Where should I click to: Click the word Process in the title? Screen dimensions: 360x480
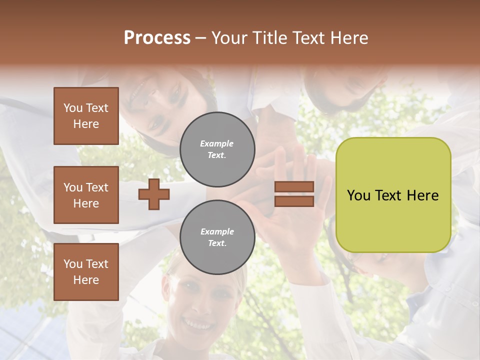pyautogui.click(x=157, y=38)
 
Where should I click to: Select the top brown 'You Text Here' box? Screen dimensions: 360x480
pyautogui.click(x=86, y=116)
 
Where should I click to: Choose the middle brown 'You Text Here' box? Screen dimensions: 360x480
pyautogui.click(x=86, y=195)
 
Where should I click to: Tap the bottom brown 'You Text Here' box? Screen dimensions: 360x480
pyautogui.click(x=86, y=272)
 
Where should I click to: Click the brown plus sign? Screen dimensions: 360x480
pyautogui.click(x=154, y=194)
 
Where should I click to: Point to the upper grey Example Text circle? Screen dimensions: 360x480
pyautogui.click(x=217, y=149)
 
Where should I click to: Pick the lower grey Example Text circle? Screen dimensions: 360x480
pyautogui.click(x=217, y=237)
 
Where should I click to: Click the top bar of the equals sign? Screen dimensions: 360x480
pyautogui.click(x=294, y=187)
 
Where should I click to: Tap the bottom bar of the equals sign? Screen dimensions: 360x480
pyautogui.click(x=294, y=201)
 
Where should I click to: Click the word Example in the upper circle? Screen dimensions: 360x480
pyautogui.click(x=217, y=143)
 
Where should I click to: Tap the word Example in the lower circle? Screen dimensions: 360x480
pyautogui.click(x=217, y=231)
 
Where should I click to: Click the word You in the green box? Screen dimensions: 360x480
pyautogui.click(x=358, y=195)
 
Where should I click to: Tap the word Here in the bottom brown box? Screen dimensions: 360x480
pyautogui.click(x=86, y=280)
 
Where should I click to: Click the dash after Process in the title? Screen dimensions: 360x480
pyautogui.click(x=200, y=38)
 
